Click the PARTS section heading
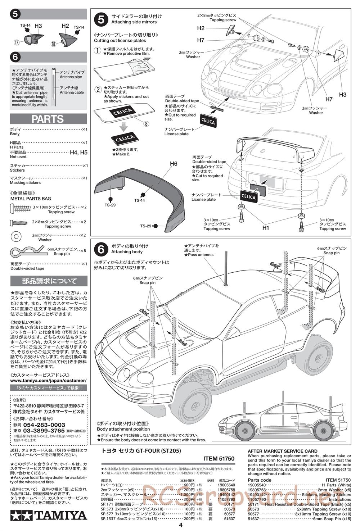point(48,119)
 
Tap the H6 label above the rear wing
point(174,164)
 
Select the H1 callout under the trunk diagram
point(266,227)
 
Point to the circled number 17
point(17,42)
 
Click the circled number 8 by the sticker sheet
point(147,124)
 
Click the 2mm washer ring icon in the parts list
point(16,236)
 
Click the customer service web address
point(48,380)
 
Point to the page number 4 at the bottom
point(180,525)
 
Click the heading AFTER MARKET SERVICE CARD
point(283,451)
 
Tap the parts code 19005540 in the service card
point(259,485)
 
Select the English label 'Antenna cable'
point(72,92)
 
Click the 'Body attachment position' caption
point(123,429)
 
